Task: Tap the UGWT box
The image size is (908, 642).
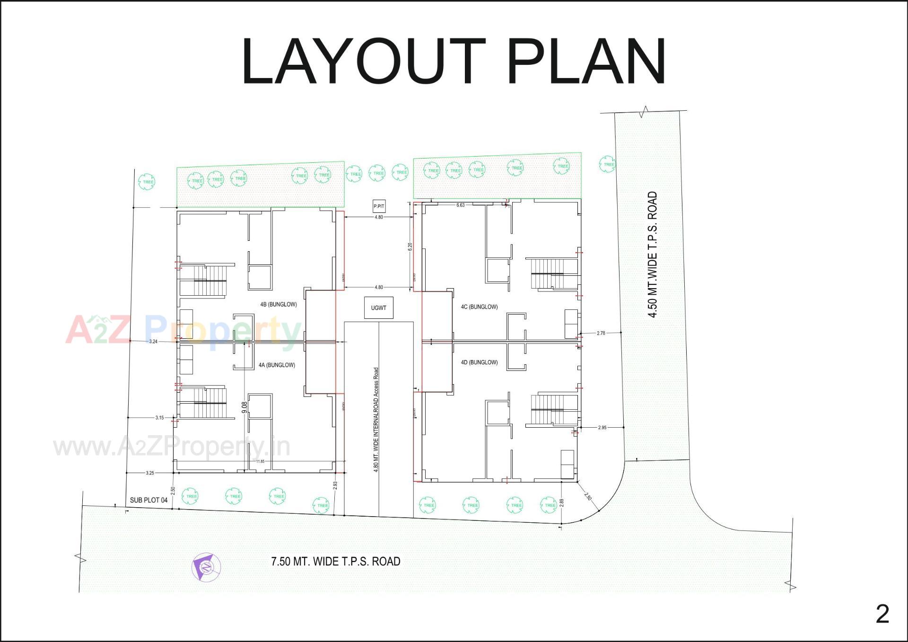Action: point(378,308)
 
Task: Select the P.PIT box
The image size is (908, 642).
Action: point(379,206)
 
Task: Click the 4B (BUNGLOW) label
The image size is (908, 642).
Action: point(279,304)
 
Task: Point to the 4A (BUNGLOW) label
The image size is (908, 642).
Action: point(277,365)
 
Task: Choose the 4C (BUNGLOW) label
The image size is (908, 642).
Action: point(479,307)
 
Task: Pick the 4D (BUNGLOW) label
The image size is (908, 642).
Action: point(479,362)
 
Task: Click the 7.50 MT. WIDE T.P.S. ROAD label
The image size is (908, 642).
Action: point(336,562)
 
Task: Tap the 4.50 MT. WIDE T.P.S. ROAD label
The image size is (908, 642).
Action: point(653,255)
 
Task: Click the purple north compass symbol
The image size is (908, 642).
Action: point(206,566)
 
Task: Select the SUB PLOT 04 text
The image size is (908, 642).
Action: point(148,500)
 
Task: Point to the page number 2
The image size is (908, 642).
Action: point(882,614)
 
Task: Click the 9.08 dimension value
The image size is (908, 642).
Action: point(244,408)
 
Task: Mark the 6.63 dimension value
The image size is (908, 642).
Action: point(460,205)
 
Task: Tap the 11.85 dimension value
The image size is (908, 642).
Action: point(260,461)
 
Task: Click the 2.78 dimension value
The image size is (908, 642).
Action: point(601,333)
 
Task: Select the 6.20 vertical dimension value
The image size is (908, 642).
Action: point(410,247)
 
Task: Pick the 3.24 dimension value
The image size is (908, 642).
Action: point(153,342)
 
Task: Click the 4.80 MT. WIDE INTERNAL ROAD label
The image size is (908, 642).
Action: point(376,419)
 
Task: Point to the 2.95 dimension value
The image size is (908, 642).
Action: point(602,428)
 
